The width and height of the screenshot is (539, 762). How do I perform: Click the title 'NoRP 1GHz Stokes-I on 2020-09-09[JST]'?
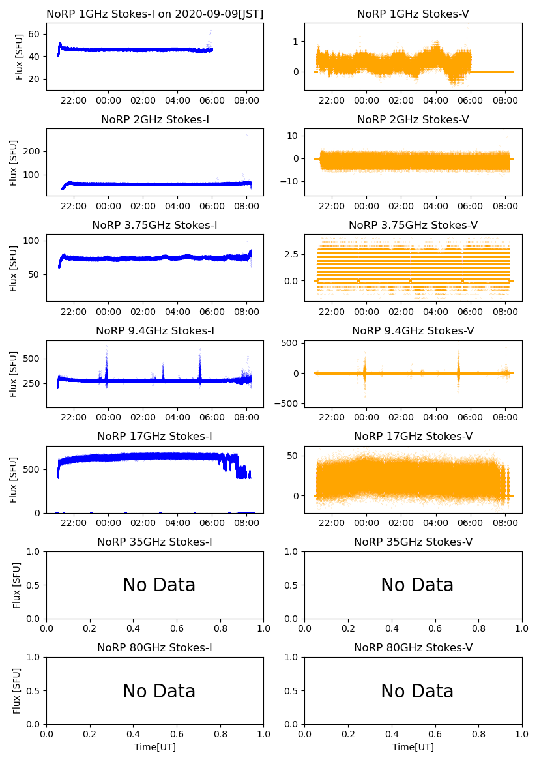tap(154, 14)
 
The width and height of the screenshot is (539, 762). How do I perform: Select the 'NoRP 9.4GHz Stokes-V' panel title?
tap(413, 331)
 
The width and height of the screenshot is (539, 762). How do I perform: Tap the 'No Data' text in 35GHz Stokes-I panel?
tap(159, 585)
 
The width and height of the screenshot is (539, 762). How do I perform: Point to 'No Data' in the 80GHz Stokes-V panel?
tap(417, 691)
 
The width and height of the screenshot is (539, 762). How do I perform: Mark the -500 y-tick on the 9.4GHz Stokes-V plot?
tap(287, 403)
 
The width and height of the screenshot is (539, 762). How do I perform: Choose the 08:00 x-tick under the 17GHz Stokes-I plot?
tap(246, 523)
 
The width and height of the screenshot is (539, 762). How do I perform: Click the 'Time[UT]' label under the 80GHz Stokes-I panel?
tap(155, 747)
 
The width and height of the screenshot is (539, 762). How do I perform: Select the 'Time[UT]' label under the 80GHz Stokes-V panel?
tap(413, 747)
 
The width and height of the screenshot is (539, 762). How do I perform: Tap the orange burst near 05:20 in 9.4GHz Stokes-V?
tap(458, 373)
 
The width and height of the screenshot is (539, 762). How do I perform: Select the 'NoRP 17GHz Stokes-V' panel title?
tap(413, 437)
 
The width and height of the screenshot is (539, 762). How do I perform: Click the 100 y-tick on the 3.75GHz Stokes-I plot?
tap(33, 241)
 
